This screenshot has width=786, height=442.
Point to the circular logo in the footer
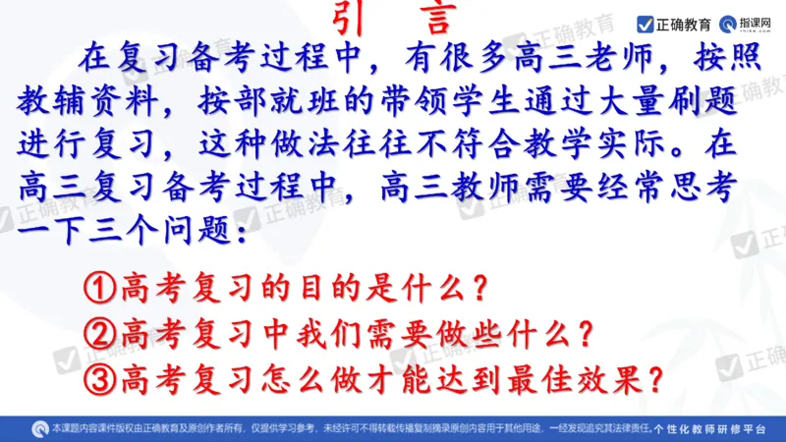coord(40,429)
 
